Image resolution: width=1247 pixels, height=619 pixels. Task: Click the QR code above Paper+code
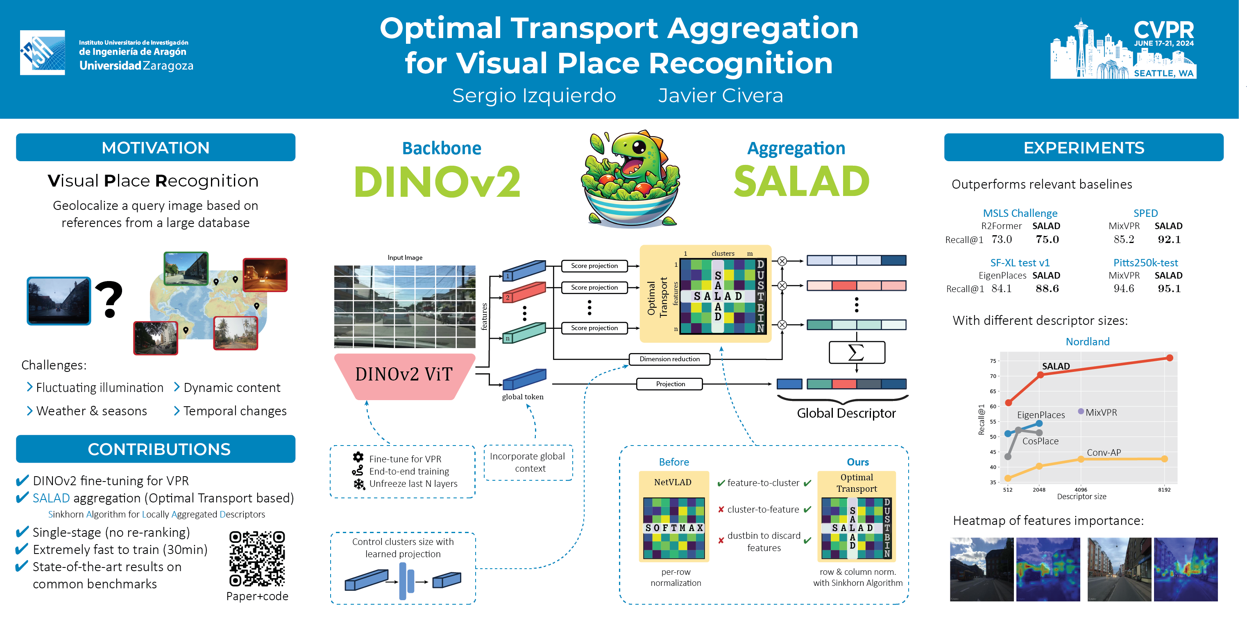coord(257,558)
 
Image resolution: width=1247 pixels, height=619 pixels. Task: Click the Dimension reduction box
coord(669,359)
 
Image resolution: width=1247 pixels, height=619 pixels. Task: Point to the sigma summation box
coord(856,352)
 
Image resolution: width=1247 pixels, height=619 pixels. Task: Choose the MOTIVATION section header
coord(155,148)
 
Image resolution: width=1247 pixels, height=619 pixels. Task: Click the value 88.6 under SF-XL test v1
coord(1047,289)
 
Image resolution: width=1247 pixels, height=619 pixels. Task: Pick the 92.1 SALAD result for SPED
coord(1169,239)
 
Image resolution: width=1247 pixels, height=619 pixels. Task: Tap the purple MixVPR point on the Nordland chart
coord(1081,411)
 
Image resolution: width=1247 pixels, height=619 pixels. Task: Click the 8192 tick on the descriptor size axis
coord(1164,490)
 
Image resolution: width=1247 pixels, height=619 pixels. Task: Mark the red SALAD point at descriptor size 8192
coord(1170,358)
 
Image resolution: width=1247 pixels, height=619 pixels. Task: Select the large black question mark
coord(109,300)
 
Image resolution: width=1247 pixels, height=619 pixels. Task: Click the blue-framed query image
coord(59,301)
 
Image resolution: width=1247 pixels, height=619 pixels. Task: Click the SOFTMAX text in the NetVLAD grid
coord(674,528)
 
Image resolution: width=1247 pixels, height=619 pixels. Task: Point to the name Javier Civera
coord(720,95)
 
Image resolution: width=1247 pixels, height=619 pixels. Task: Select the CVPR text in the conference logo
coord(1164,30)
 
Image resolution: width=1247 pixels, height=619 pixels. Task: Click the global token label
coord(522,396)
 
